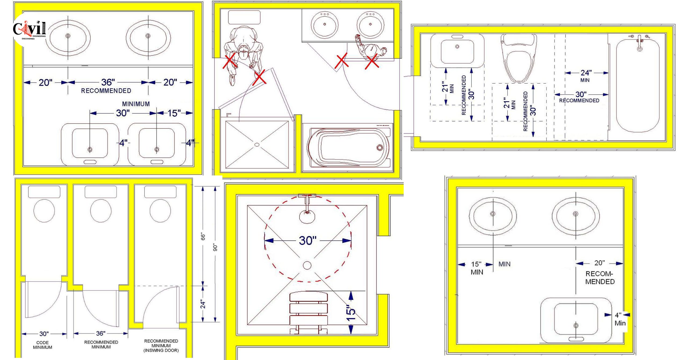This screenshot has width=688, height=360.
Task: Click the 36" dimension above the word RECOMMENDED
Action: [108, 82]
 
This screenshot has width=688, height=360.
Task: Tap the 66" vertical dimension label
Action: [203, 237]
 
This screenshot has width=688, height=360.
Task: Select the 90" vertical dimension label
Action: [215, 247]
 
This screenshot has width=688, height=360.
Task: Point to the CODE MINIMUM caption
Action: [42, 345]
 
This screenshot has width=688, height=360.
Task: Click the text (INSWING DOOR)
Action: [161, 350]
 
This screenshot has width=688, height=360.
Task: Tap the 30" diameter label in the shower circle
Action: [307, 240]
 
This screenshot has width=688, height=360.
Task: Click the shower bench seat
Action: [309, 312]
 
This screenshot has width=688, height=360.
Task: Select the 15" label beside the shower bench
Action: [351, 313]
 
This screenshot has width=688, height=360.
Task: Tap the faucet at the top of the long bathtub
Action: [640, 43]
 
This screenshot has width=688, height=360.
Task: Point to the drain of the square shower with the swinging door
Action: [257, 145]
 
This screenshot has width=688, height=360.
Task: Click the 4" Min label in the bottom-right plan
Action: [619, 319]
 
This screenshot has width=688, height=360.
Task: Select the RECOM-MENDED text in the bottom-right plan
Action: [600, 278]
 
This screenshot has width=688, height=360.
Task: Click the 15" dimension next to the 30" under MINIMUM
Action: [174, 113]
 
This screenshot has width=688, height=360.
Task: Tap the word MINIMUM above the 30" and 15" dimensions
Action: [136, 104]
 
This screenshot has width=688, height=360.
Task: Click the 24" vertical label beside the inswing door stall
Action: [203, 304]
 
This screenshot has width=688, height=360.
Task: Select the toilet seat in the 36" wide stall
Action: [101, 211]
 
